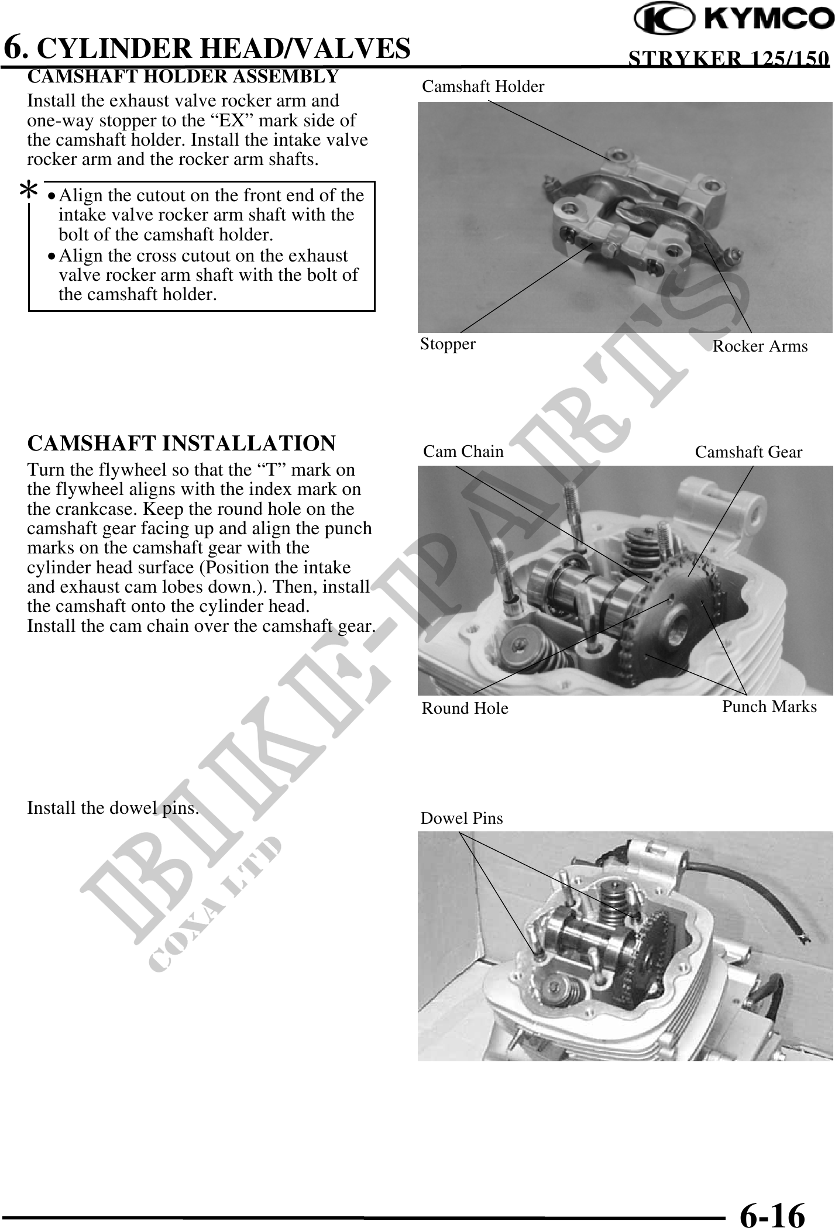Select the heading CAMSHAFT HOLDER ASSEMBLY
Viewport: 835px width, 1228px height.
[x=183, y=77]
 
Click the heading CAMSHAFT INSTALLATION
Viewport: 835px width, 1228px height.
[x=181, y=443]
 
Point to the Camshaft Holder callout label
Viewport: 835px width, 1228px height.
[x=483, y=87]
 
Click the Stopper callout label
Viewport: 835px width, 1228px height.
[x=448, y=344]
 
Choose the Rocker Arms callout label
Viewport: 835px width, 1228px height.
[x=760, y=346]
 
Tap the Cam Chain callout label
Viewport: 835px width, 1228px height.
[x=463, y=452]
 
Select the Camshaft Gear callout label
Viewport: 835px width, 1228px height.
[x=748, y=452]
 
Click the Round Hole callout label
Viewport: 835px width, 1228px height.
[x=465, y=708]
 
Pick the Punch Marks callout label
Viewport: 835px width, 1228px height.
[x=769, y=707]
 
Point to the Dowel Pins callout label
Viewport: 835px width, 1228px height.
[x=461, y=818]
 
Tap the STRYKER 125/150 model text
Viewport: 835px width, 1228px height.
[x=728, y=59]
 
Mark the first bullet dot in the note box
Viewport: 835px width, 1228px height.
[x=53, y=197]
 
